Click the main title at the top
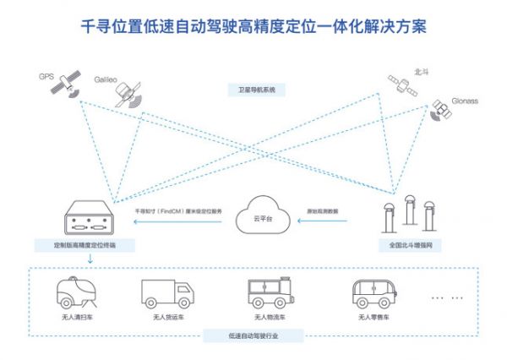pos(253,26)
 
